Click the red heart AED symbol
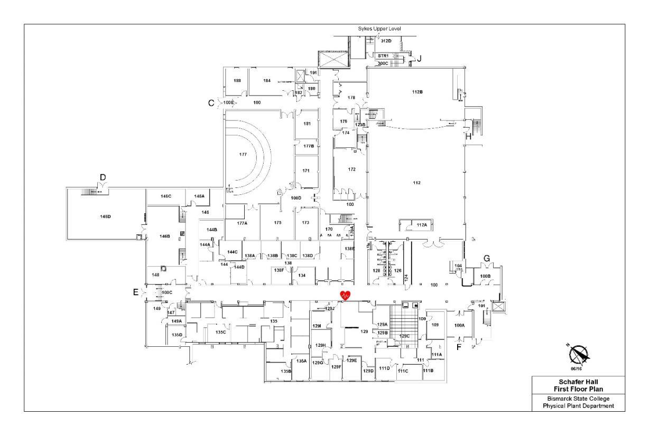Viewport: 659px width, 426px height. click(x=345, y=296)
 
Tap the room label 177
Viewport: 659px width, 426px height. click(x=243, y=155)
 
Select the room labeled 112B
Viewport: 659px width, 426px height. click(x=417, y=92)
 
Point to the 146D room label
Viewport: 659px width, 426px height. click(x=105, y=216)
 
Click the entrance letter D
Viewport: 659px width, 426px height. click(x=103, y=176)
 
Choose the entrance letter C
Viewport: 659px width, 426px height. click(x=211, y=103)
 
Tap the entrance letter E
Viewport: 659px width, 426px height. click(x=136, y=292)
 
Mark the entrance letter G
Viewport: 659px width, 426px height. click(x=487, y=258)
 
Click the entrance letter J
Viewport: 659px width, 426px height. click(x=419, y=59)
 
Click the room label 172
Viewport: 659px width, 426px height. click(x=351, y=169)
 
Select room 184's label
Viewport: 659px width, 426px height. click(x=267, y=81)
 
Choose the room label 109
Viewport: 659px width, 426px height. click(x=435, y=325)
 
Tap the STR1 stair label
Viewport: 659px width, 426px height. click(x=383, y=55)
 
